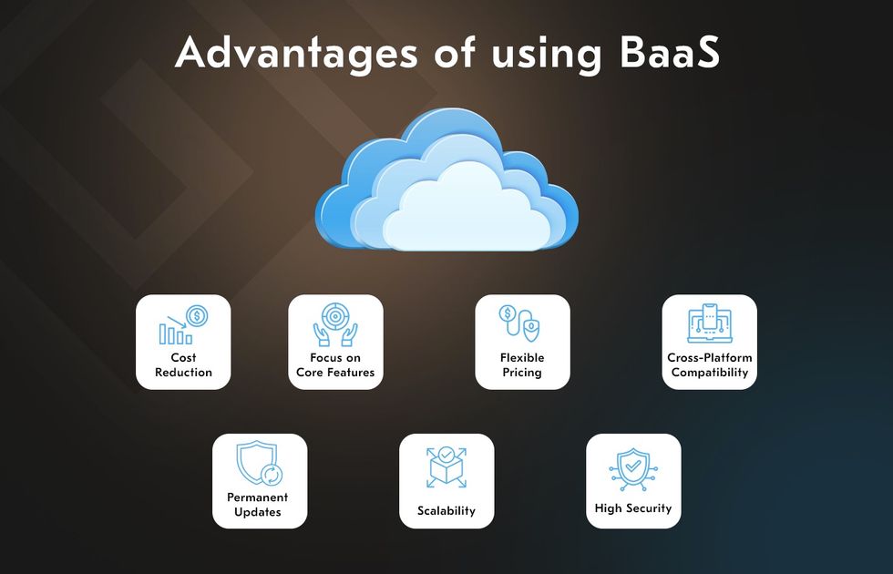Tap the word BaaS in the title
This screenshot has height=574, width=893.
point(669,52)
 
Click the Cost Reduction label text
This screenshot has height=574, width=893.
point(183,365)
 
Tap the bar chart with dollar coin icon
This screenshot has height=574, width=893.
point(183,325)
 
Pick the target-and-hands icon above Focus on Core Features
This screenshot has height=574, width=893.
point(335,324)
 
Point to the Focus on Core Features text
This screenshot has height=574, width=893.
point(335,365)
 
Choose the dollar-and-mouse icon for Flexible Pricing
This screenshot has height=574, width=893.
point(520,323)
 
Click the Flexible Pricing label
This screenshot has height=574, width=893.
point(522,365)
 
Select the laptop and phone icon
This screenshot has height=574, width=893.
point(709,323)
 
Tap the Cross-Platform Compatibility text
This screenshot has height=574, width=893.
point(710,365)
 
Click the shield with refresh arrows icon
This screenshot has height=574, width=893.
point(259,463)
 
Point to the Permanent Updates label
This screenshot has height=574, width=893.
point(257,505)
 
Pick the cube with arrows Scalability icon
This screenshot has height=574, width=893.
point(446,466)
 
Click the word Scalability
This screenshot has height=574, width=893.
point(446,511)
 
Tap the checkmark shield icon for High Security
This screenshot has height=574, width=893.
point(633,469)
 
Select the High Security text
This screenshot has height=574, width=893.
point(633,508)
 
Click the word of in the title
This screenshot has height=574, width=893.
point(455,52)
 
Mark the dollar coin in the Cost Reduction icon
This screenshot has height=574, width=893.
point(197,315)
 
